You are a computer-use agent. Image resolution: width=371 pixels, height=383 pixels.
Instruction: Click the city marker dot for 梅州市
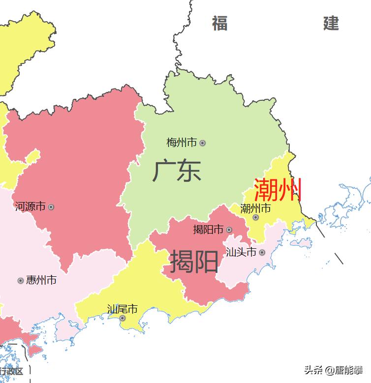[x=202, y=143]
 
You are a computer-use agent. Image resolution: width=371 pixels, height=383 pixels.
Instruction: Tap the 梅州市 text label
[x=182, y=143]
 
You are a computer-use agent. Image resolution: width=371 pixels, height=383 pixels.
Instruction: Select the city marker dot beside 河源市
[x=51, y=207]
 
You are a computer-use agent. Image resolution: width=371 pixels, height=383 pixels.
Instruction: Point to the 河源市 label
[x=30, y=206]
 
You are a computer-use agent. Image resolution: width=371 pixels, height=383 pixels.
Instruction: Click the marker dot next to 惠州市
[x=21, y=281]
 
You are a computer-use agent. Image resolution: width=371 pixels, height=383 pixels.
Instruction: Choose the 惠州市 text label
[x=41, y=280]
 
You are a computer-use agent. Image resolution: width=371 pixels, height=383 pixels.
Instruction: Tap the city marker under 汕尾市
[x=123, y=318]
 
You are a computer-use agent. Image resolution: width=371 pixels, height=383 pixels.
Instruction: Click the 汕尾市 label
[x=123, y=309]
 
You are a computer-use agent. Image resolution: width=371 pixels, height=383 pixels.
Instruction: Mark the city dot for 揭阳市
[x=229, y=230]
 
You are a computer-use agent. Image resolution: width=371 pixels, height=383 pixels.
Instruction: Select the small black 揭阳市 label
[x=208, y=230]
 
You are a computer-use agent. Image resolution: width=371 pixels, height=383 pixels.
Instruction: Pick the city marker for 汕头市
[x=262, y=253]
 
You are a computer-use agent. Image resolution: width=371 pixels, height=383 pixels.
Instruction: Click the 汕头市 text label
[x=241, y=252]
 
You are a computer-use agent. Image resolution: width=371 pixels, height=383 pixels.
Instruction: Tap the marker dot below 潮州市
[x=255, y=217]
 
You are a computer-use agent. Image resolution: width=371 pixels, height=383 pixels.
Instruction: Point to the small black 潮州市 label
[x=255, y=208]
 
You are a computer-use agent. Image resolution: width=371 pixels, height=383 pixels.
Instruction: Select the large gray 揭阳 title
[x=194, y=261]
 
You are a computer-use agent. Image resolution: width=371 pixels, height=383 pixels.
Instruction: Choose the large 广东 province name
[x=177, y=171]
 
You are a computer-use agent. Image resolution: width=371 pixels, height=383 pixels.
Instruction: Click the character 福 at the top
[x=220, y=23]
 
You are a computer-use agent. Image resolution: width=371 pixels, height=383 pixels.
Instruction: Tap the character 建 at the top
[x=331, y=23]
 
